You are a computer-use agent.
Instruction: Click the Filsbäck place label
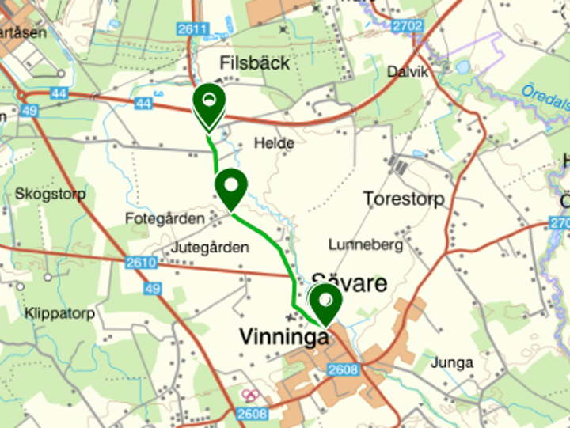[254, 62]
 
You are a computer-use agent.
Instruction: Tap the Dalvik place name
[408, 72]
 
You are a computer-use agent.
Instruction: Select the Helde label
[274, 143]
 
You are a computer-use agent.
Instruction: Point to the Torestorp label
[404, 199]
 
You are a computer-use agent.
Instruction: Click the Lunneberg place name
[366, 244]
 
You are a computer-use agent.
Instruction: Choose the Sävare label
[349, 282]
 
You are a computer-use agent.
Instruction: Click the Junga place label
[453, 363]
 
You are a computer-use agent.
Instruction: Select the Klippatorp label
[59, 313]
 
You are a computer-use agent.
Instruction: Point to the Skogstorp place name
[50, 194]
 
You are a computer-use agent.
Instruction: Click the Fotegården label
[165, 218]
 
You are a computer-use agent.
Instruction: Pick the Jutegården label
[210, 248]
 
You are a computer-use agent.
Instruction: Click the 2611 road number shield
[193, 29]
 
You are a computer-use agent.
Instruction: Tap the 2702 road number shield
[407, 26]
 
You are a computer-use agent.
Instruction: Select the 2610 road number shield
[140, 263]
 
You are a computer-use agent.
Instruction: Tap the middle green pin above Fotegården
[231, 188]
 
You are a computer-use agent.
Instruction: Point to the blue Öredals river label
[546, 101]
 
